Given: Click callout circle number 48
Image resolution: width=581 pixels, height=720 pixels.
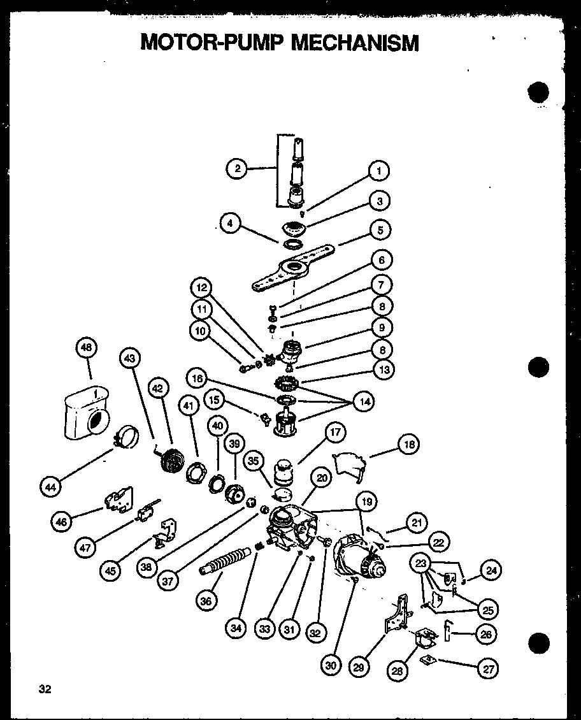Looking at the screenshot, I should click(85, 348).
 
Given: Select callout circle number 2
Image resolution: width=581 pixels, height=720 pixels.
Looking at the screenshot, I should click(237, 169).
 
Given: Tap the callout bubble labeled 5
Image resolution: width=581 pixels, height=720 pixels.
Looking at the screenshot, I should click(381, 230).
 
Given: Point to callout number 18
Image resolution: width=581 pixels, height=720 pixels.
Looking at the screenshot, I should click(408, 445).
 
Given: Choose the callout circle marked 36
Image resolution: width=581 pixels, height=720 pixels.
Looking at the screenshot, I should click(208, 600).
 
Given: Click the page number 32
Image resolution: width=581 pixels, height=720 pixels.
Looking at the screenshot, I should click(45, 689).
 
